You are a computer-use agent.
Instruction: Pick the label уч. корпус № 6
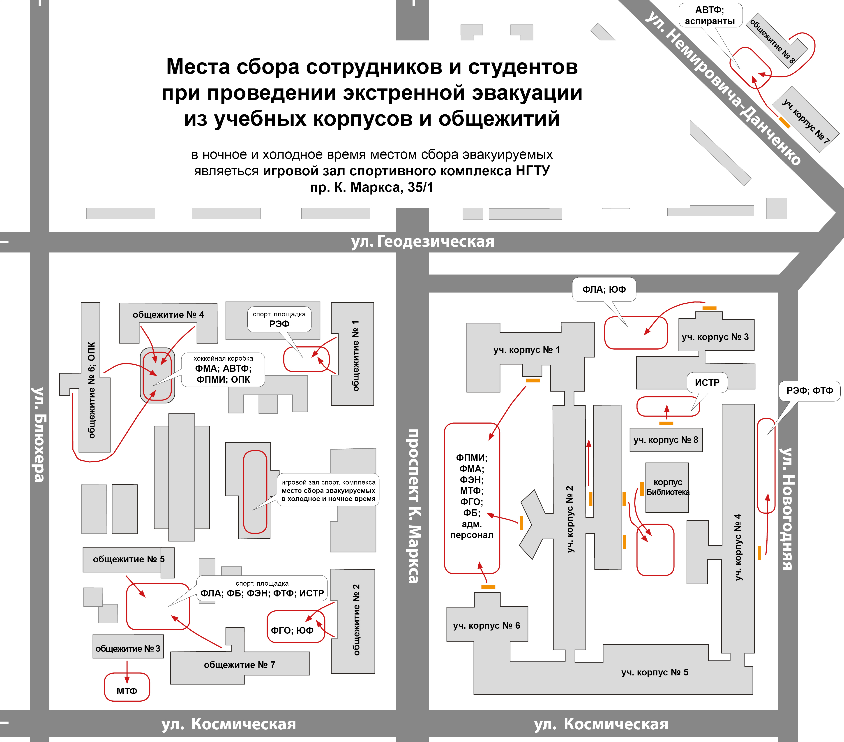click(487, 626)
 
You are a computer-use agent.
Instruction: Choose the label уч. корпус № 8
click(666, 440)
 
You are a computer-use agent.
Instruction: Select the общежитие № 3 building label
click(128, 649)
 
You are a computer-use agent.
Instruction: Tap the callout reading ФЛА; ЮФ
click(604, 289)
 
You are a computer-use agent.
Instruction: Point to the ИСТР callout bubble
click(707, 383)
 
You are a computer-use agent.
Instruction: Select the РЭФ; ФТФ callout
click(809, 390)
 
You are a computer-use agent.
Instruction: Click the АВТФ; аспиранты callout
click(710, 15)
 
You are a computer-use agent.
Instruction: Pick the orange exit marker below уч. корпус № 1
click(533, 380)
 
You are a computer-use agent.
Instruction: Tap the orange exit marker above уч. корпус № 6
click(488, 587)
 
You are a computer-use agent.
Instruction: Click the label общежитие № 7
click(240, 665)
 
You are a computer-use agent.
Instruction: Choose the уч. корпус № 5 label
click(655, 672)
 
